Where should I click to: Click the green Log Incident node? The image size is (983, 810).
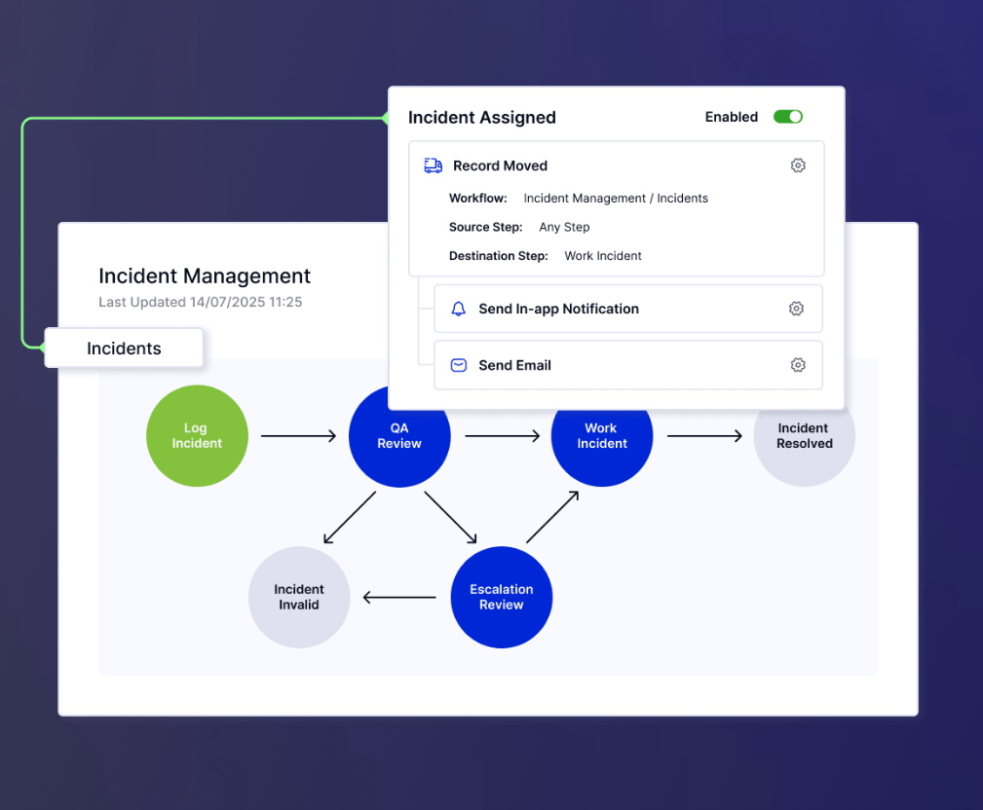pos(197,436)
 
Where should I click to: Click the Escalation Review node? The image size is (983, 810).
pos(501,597)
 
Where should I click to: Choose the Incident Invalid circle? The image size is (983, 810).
pos(298,597)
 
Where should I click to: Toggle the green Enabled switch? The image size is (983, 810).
pos(788,117)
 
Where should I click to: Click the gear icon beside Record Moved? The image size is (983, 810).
pos(798,166)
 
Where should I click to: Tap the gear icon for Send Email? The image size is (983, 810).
pos(798,365)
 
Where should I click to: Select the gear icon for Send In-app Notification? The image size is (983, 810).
pos(796,309)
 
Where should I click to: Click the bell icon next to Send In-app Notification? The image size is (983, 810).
pos(458,309)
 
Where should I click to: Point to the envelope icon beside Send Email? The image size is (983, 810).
pos(458,365)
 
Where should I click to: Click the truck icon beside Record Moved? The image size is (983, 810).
pos(433,166)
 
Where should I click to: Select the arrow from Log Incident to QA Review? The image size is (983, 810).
pos(298,436)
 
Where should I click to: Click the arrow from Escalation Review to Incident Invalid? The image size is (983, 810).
pos(399,597)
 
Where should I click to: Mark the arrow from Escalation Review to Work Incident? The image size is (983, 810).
pos(552,517)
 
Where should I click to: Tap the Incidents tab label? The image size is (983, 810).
pos(124,349)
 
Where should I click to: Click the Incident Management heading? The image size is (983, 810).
pos(205,276)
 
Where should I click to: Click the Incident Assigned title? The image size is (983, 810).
pos(481,118)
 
